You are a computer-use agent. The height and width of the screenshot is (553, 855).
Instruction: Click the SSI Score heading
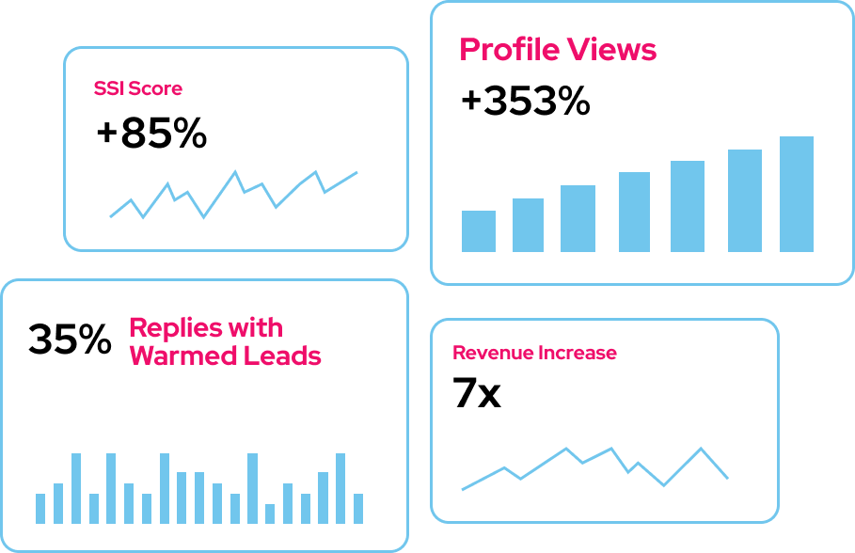[x=138, y=89]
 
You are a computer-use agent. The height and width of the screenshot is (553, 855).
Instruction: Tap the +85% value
[x=151, y=134]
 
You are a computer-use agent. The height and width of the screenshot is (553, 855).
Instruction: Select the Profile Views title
[x=558, y=50]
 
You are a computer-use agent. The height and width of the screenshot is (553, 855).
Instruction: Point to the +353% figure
[x=525, y=101]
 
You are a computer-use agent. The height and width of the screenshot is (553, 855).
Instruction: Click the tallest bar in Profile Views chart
[x=797, y=195]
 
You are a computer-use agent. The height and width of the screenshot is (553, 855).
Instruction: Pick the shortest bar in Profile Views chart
[x=479, y=231]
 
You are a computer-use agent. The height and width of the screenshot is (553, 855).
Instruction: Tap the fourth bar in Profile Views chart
[x=634, y=212]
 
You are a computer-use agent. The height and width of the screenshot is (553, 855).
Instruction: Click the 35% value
[x=70, y=340]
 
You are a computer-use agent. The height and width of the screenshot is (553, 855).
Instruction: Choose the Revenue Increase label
[x=534, y=354]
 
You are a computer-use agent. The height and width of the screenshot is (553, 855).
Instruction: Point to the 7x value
[x=477, y=394]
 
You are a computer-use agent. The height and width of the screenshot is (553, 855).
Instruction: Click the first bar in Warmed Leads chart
[x=40, y=509]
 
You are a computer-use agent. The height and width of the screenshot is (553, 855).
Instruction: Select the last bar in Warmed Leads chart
[x=358, y=509]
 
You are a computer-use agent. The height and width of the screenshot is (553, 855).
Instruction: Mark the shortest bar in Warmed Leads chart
[x=270, y=513]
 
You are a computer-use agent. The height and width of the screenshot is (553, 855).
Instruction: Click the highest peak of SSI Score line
[x=235, y=172]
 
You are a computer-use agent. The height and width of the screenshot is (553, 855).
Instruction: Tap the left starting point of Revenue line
[x=463, y=489]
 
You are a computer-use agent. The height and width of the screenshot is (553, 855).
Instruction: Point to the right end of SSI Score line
[x=356, y=172]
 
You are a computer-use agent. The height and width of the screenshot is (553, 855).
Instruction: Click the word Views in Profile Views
[x=613, y=50]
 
